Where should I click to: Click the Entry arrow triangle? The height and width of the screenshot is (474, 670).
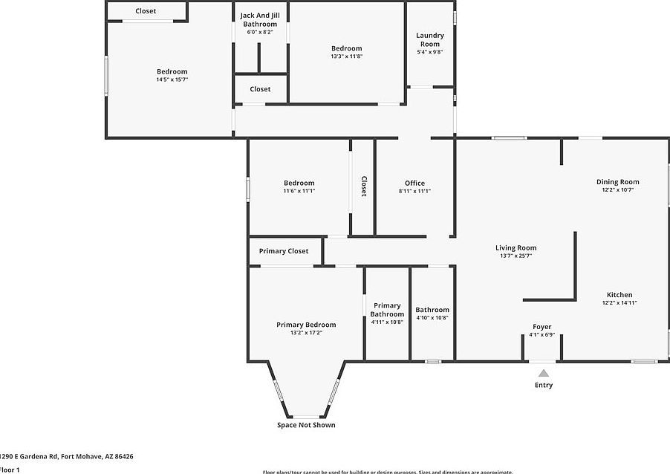[544, 373]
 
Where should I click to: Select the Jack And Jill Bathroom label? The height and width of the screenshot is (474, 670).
[258, 19]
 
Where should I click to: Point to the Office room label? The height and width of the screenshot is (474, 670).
[414, 184]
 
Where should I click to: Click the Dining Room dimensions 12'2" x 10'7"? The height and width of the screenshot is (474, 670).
[617, 190]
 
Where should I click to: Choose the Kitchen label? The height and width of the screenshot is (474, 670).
[619, 295]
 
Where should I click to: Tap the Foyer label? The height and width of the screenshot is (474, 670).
[542, 327]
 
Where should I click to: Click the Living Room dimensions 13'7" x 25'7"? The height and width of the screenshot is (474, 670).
[515, 256]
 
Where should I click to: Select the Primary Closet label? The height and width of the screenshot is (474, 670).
[284, 251]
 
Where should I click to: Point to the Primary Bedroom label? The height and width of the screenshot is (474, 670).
[306, 325]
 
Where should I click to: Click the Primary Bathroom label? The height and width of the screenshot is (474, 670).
[387, 310]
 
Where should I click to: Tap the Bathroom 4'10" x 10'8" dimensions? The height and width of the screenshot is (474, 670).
[432, 318]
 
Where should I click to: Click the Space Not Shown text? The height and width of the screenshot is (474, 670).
[306, 425]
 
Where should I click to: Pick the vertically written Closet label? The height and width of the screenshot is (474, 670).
[364, 186]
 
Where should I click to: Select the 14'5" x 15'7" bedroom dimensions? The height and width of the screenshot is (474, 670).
[172, 79]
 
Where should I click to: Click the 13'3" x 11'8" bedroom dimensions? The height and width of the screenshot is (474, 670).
[346, 56]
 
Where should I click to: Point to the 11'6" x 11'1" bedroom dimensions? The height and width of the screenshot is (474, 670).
[299, 191]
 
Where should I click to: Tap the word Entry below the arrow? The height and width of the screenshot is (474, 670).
[544, 385]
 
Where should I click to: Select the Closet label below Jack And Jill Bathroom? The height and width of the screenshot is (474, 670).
[260, 89]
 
